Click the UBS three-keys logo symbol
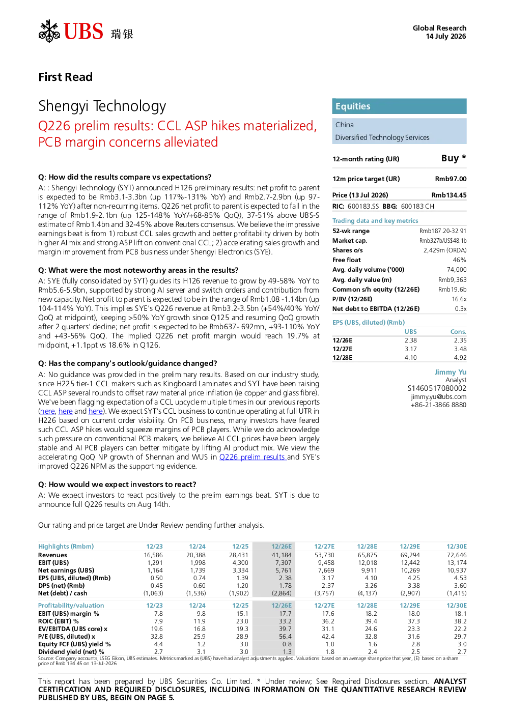[x=49, y=31]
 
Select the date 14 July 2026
[x=446, y=36]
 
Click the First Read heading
[x=65, y=77]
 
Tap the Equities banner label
[x=353, y=106]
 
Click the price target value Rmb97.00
[x=451, y=179]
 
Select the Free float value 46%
[x=459, y=260]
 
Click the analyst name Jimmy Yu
[x=450, y=372]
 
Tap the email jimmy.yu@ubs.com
[x=438, y=397]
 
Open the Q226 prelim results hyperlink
[x=253, y=457]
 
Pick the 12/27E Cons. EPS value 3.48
[x=460, y=349]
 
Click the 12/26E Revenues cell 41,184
[x=282, y=555]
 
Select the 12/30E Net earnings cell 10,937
[x=457, y=570]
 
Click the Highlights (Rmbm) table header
[x=66, y=547]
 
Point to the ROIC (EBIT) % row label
[x=59, y=621]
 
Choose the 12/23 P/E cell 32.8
[x=157, y=637]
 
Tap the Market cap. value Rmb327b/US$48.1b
[x=443, y=241]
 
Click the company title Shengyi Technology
[x=102, y=106]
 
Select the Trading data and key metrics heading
[x=375, y=220]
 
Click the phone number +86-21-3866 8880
[x=438, y=405]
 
